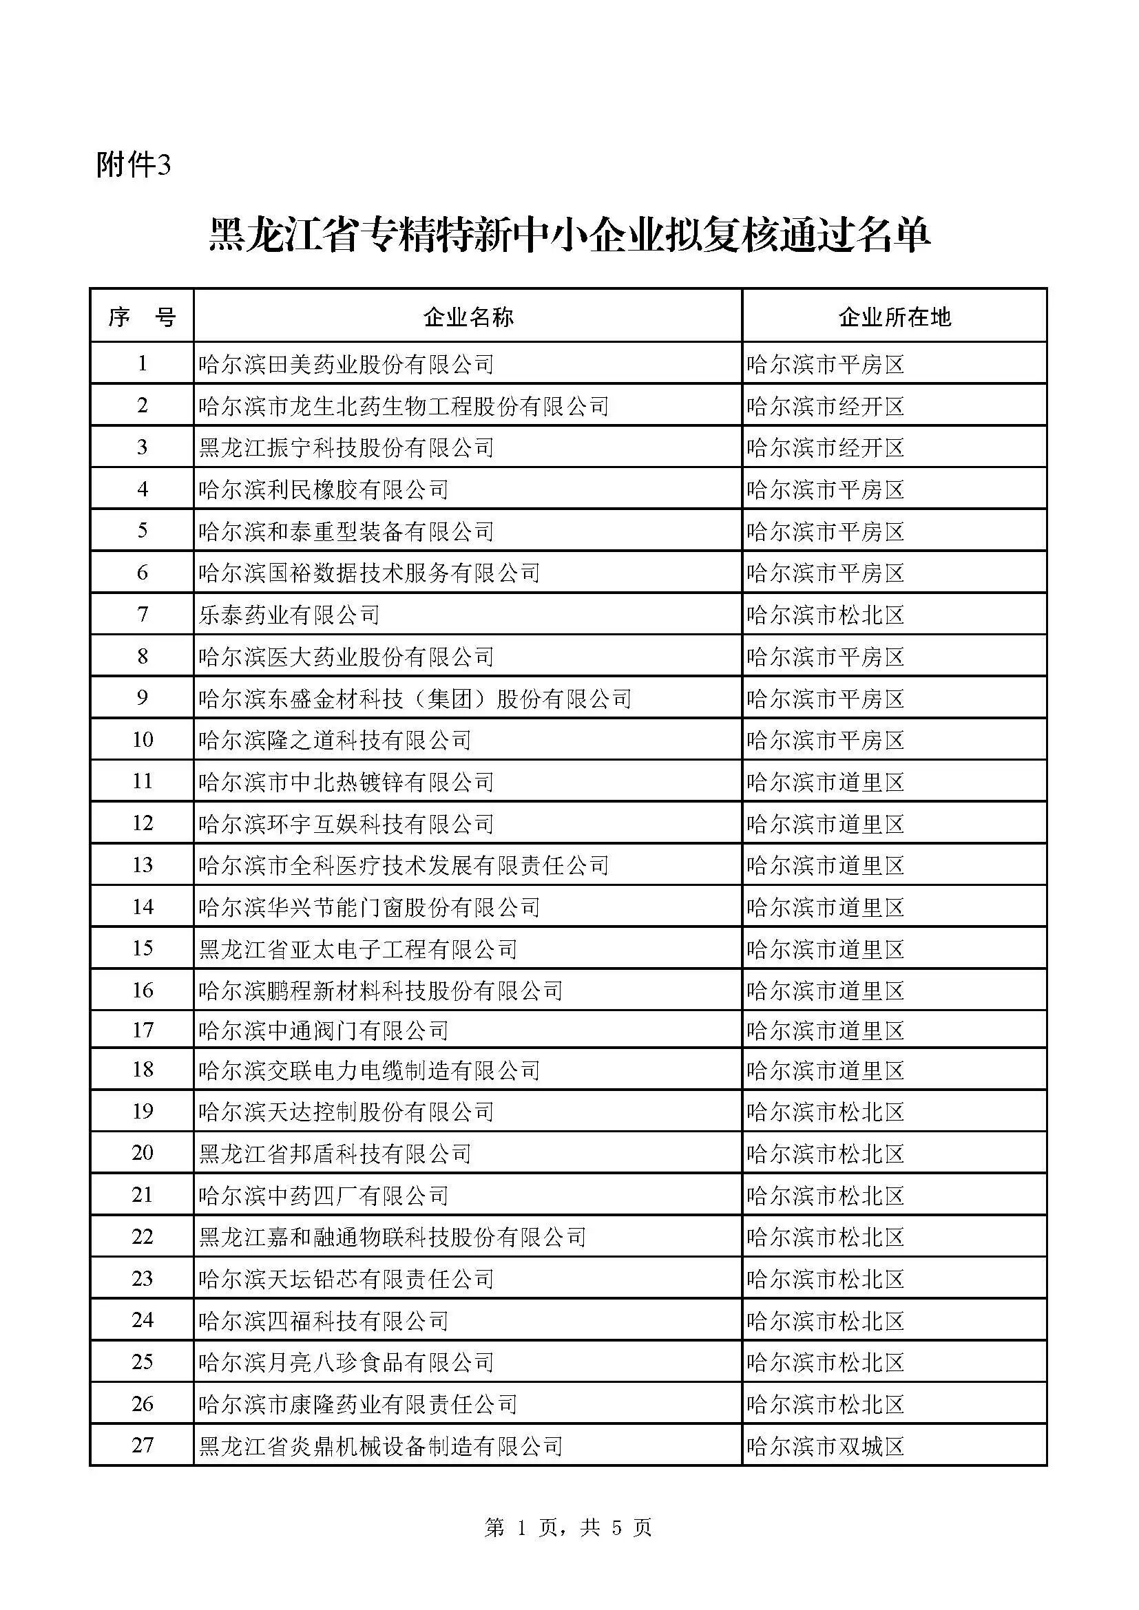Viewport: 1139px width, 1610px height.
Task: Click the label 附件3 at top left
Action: [134, 165]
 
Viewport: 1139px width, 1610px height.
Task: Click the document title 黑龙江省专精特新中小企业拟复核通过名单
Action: [569, 235]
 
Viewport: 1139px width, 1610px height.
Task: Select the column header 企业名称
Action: [468, 317]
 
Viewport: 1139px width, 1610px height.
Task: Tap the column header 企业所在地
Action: [895, 317]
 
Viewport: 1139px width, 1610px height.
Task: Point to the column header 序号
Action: [142, 317]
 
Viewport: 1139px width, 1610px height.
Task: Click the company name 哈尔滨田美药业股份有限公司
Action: [346, 365]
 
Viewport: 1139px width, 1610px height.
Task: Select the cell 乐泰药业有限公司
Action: [289, 615]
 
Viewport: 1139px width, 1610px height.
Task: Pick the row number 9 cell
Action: [143, 698]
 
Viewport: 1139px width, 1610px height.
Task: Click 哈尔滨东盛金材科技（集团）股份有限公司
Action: [415, 699]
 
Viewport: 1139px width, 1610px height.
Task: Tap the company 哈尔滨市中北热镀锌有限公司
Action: [346, 782]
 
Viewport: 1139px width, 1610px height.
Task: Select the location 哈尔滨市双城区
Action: [826, 1446]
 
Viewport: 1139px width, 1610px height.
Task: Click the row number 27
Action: [143, 1445]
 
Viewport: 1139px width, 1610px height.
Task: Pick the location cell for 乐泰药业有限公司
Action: [826, 615]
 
